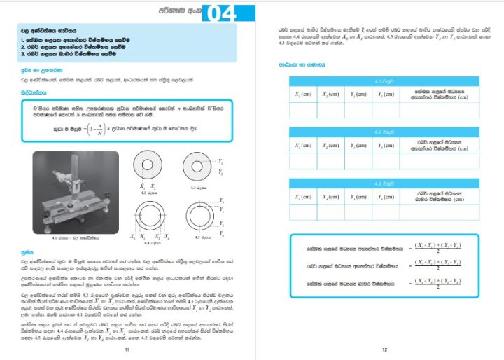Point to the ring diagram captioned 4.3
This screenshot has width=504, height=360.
(x=196, y=166)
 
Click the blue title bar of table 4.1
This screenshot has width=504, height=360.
(x=383, y=82)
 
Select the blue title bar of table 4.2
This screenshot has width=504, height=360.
(x=383, y=132)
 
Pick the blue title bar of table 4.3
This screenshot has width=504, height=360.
(x=383, y=183)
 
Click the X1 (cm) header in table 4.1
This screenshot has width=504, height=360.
(x=302, y=94)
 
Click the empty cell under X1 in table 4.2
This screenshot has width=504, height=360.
(x=302, y=160)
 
